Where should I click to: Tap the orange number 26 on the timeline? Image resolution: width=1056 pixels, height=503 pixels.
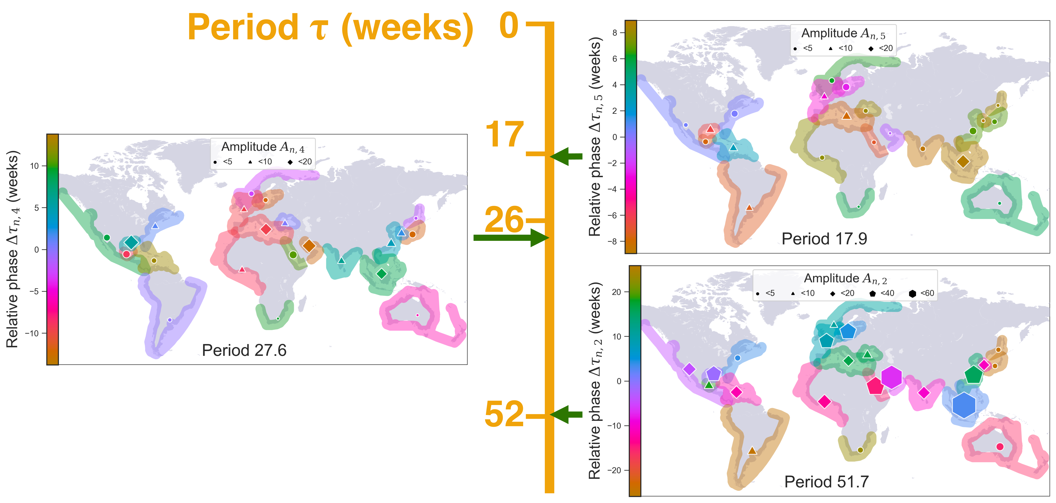[504, 220]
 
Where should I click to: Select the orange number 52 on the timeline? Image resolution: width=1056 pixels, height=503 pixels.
[504, 414]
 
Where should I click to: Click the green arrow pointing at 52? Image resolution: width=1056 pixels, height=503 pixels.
[566, 414]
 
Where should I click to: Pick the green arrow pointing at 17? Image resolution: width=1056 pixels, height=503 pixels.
[566, 156]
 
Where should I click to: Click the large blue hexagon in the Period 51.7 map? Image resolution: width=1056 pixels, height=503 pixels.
[964, 405]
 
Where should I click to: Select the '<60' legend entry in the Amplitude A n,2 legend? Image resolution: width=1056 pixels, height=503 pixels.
[922, 293]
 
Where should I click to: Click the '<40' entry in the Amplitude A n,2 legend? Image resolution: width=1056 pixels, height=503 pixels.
[882, 293]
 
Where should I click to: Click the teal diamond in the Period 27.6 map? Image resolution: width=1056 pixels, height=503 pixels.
[131, 242]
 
